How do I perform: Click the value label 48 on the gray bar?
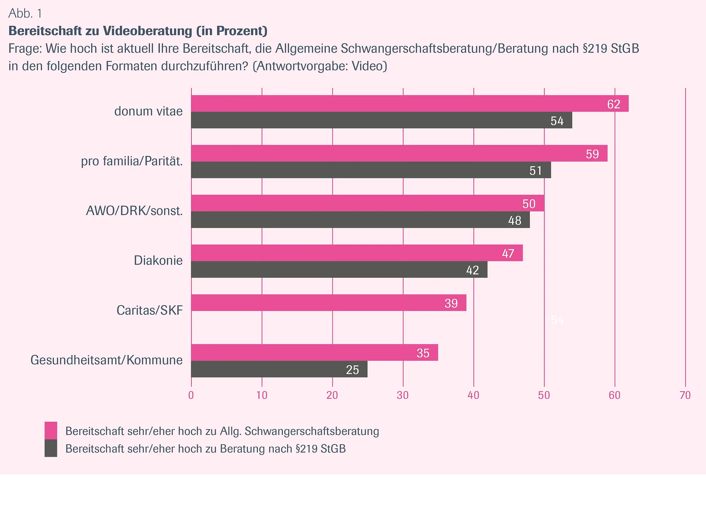tap(515, 221)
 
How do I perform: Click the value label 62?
tap(613, 104)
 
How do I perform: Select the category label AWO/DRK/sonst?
tap(134, 211)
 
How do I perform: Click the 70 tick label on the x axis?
tap(685, 395)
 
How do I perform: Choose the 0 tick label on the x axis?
tap(191, 395)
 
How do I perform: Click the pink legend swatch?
tap(51, 430)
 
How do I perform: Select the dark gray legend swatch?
tap(51, 448)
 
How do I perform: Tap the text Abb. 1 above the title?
tap(25, 13)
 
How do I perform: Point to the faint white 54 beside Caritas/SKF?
tap(557, 320)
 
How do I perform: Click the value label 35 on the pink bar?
tap(423, 353)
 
